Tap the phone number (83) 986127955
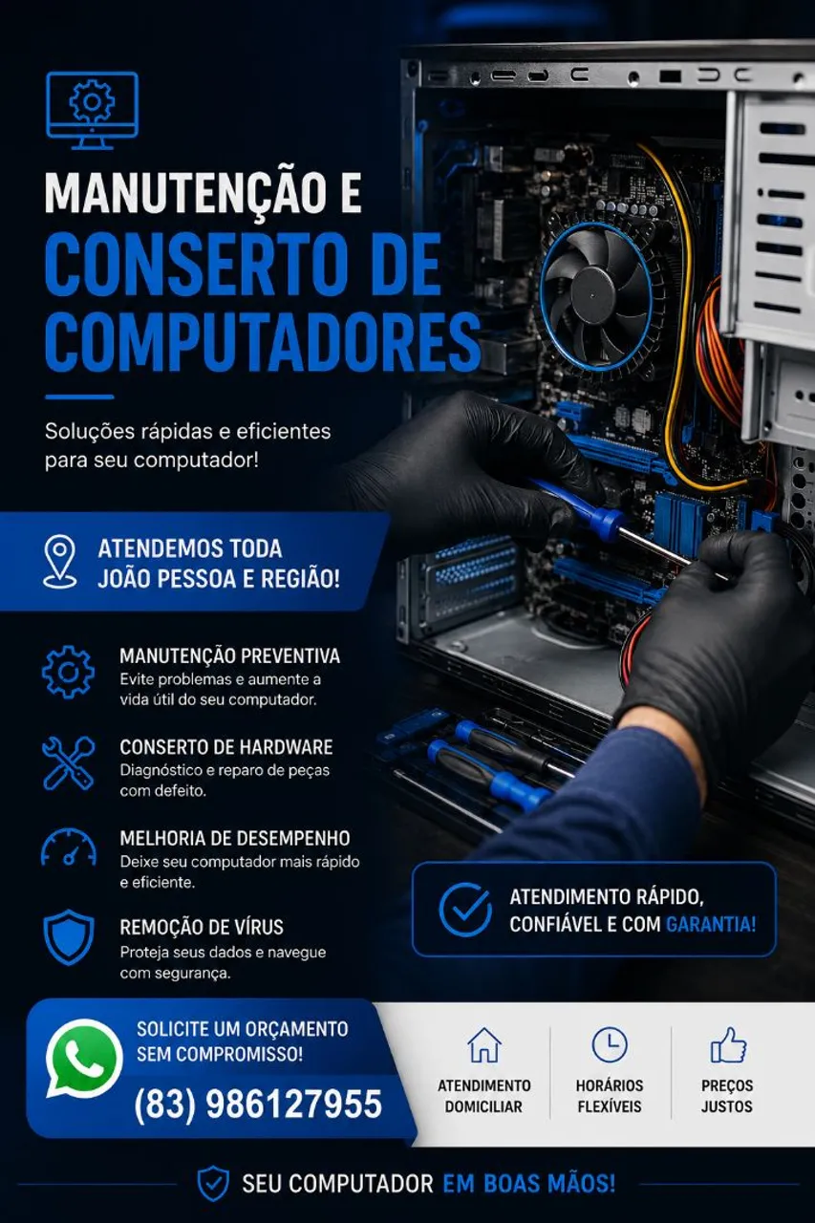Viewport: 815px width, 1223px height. coord(258,1104)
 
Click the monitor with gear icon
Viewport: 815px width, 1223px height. coord(93,111)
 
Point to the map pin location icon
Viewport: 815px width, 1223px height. coord(60,561)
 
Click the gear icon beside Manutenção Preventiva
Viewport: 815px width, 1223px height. coord(68,672)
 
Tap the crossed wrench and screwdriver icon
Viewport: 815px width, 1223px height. coord(68,763)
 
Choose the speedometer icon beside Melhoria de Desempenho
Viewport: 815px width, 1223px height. coord(69,848)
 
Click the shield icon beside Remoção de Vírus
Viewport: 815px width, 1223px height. coord(69,937)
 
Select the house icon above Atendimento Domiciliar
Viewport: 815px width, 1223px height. coord(484,1044)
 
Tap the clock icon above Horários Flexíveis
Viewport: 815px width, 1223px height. coord(610,1044)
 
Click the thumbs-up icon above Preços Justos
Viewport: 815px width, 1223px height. coord(728,1044)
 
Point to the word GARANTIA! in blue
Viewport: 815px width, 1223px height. coord(711,924)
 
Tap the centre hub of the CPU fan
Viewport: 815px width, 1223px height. coord(594,291)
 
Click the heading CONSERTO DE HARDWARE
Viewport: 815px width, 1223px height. coord(226,747)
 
